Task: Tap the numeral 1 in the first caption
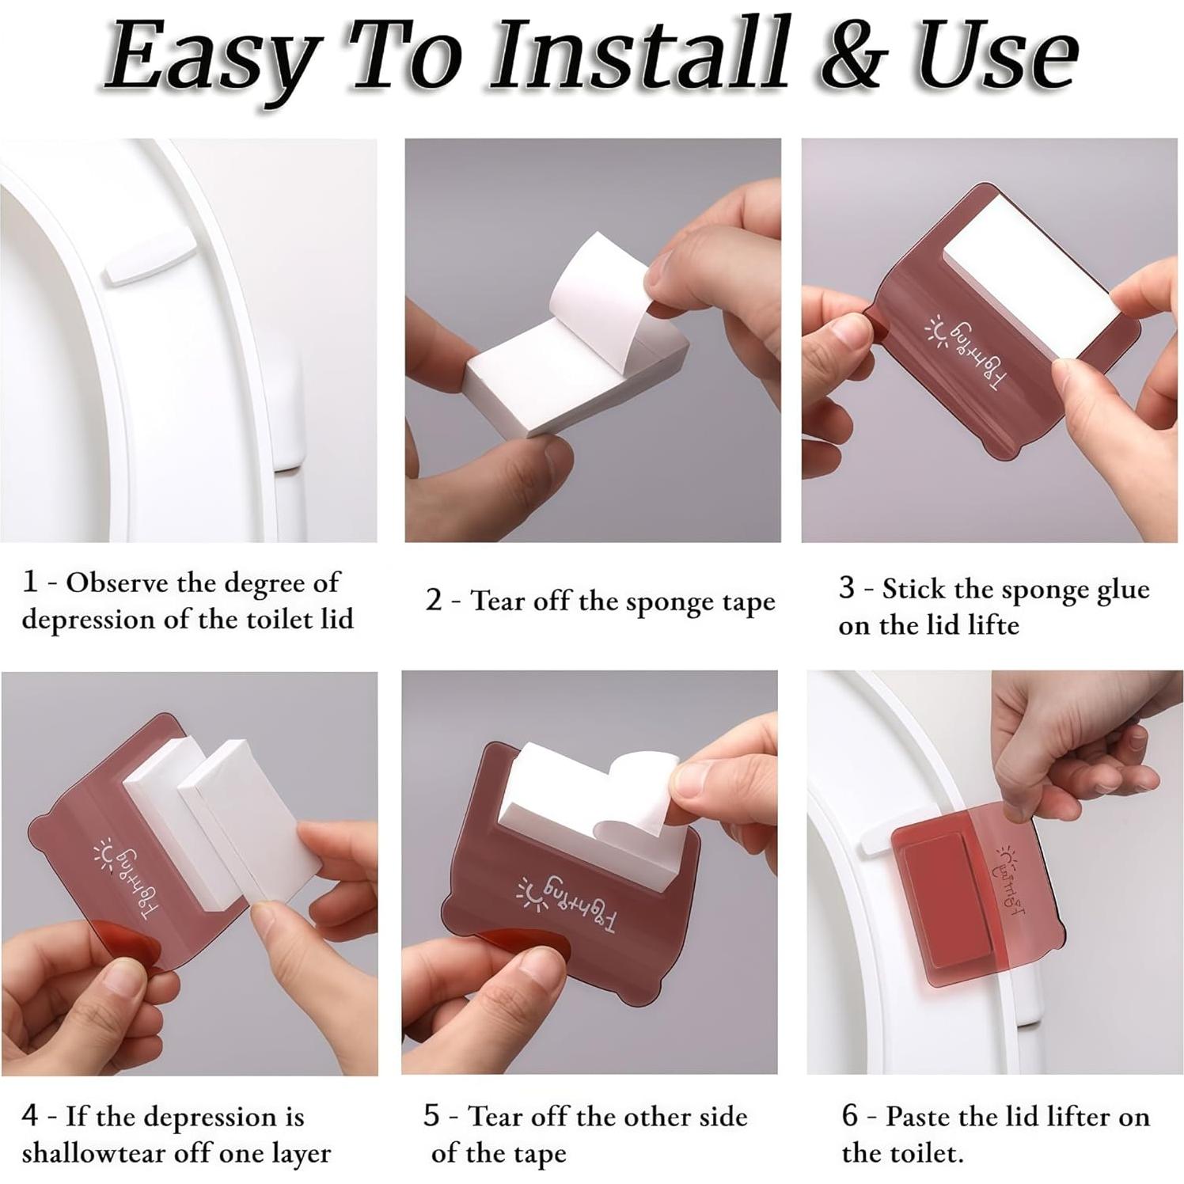click(30, 582)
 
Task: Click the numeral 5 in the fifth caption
click(431, 1116)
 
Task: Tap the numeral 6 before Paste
click(850, 1116)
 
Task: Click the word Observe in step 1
click(117, 583)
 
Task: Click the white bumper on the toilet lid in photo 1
click(149, 258)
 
